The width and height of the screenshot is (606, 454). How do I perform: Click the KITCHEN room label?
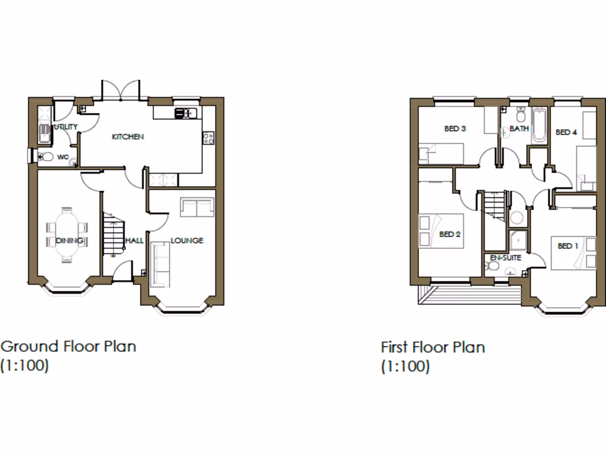click(128, 137)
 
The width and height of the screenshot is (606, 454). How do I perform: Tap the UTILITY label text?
click(66, 127)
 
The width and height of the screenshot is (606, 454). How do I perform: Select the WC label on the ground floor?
click(63, 157)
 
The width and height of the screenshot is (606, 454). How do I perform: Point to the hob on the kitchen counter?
click(208, 138)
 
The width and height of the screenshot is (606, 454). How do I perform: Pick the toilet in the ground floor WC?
click(46, 157)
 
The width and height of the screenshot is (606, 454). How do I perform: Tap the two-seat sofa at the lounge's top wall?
click(196, 207)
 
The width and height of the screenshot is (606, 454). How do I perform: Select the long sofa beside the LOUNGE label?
click(160, 261)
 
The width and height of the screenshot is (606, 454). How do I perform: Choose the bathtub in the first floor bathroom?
click(539, 125)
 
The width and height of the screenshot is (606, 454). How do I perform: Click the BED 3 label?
click(455, 128)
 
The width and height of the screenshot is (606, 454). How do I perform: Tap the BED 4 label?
click(566, 132)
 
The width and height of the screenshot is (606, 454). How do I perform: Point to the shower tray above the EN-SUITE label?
click(520, 241)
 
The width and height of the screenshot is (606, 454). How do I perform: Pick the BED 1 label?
click(568, 246)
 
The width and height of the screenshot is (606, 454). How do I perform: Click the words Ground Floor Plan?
click(69, 346)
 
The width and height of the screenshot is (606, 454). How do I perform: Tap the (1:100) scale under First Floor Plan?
click(405, 367)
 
